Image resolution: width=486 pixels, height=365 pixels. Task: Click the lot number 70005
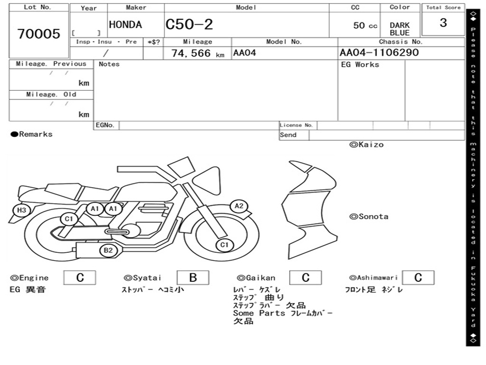pyautogui.click(x=39, y=34)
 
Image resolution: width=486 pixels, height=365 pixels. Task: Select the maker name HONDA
pyautogui.click(x=125, y=25)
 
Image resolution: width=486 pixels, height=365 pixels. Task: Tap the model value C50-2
pyautogui.click(x=189, y=24)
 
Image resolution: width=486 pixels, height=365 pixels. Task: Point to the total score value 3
pyautogui.click(x=443, y=23)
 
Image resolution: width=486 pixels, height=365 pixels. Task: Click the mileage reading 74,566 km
pyautogui.click(x=198, y=53)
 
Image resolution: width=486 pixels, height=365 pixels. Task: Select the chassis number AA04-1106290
pyautogui.click(x=379, y=52)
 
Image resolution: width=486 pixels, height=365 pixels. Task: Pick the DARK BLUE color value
pyautogui.click(x=400, y=29)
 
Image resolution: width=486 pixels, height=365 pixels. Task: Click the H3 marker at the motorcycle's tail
pyautogui.click(x=21, y=210)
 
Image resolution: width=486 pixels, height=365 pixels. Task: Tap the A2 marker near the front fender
pyautogui.click(x=239, y=206)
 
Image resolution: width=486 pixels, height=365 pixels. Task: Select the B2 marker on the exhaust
pyautogui.click(x=108, y=250)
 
